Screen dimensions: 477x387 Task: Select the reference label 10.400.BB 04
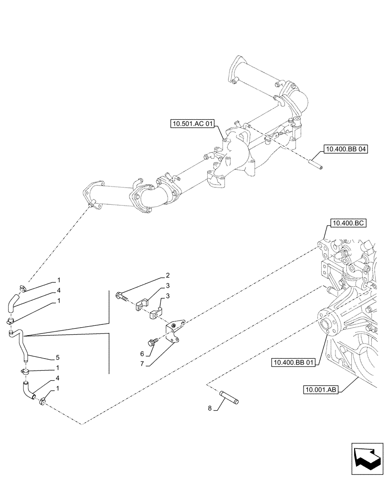(347, 149)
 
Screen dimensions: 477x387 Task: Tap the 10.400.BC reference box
(347, 224)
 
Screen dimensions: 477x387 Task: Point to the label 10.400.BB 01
(294, 363)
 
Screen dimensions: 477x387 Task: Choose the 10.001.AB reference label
(320, 390)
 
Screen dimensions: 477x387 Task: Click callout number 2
(168, 276)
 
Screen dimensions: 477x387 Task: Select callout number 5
(58, 357)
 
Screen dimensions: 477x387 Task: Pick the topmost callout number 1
(58, 280)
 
